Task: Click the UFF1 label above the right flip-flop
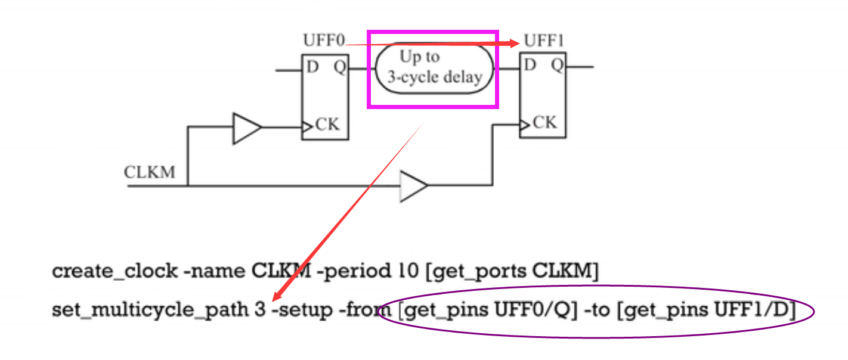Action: (544, 42)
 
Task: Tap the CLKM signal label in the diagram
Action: (150, 172)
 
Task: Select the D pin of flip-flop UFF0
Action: (312, 67)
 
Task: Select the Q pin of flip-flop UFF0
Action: (339, 67)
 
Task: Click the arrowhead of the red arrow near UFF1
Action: (514, 42)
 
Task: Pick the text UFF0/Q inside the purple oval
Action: (544, 311)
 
